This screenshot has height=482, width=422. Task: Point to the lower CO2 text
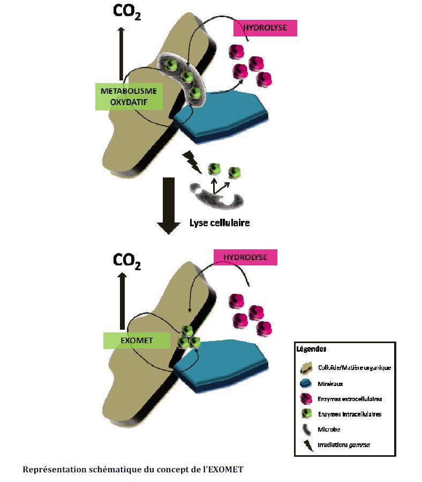tap(127, 261)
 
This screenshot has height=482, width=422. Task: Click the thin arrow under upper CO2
tap(122, 54)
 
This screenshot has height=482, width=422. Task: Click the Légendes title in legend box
tap(311, 349)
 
